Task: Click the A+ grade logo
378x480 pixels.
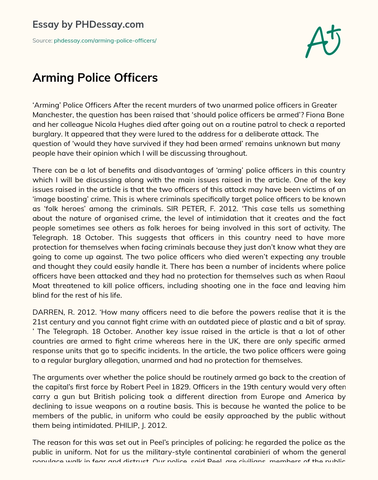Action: tap(323, 41)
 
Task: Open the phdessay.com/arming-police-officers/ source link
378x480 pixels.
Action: tap(105, 41)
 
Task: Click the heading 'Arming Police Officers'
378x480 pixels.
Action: tap(95, 78)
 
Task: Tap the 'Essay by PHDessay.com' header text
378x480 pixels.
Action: tap(88, 24)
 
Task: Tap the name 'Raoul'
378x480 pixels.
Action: tap(336, 276)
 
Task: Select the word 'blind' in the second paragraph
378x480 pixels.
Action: tap(41, 295)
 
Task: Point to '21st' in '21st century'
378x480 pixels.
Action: tap(39, 322)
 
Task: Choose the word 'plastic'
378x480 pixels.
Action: tap(265, 322)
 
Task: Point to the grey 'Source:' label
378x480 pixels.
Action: tap(42, 41)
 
